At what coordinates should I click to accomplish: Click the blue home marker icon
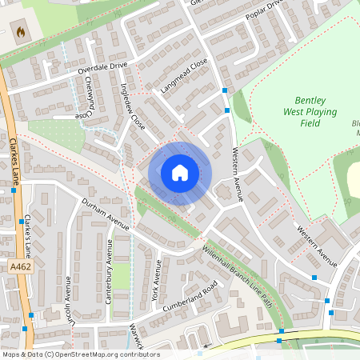pos(180,173)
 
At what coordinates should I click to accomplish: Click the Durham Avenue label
pos(105,214)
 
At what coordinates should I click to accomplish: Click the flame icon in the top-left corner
pos(21,32)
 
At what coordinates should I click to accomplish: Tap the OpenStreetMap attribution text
pos(80,354)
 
